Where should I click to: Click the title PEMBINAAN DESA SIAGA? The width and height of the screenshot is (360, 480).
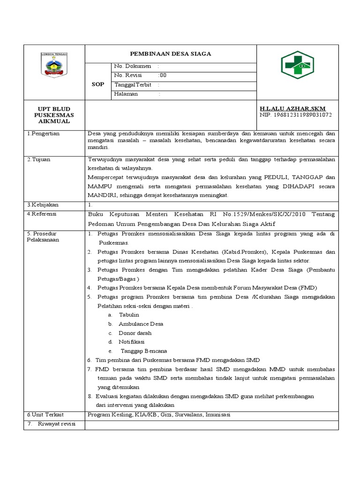[x=171, y=53]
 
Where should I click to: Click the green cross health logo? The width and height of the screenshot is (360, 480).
[x=297, y=65]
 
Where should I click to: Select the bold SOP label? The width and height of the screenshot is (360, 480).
[x=98, y=84]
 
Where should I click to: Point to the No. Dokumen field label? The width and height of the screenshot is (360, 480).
[x=133, y=67]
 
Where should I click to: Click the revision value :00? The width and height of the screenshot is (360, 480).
[x=162, y=75]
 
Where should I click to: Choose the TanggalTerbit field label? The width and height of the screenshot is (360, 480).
[x=133, y=85]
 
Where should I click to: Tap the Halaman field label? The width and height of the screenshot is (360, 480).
[x=126, y=94]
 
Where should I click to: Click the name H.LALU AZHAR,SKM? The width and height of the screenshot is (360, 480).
[x=292, y=108]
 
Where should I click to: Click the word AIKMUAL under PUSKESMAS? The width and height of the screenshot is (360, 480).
[x=54, y=121]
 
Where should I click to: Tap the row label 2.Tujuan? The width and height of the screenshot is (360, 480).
[x=38, y=159]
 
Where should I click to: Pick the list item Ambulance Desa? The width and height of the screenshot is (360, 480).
[x=141, y=324]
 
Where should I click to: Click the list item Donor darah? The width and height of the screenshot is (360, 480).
[x=135, y=333]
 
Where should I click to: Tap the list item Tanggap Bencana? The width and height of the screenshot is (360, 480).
[x=144, y=351]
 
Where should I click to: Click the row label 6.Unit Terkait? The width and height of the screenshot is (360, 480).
[x=45, y=415]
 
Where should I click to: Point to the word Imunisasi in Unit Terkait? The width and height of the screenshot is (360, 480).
[x=217, y=415]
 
